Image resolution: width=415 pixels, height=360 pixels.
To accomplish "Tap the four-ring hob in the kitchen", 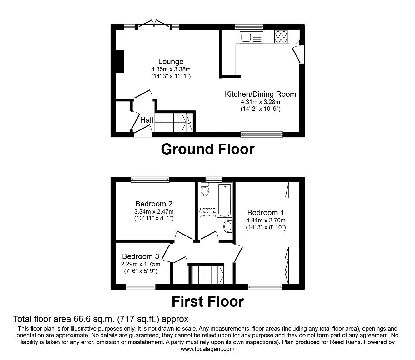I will pyautogui.click(x=281, y=37).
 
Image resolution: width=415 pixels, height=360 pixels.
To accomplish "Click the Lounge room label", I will pyautogui.click(x=171, y=62).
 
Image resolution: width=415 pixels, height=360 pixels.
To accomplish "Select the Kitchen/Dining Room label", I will pyautogui.click(x=260, y=94).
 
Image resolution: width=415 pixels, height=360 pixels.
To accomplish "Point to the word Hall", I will pyautogui.click(x=147, y=120).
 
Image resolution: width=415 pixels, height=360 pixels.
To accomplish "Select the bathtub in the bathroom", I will pyautogui.click(x=225, y=200).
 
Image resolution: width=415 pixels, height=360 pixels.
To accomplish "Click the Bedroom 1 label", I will pyautogui.click(x=265, y=213).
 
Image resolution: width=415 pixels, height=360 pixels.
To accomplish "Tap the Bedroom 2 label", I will pyautogui.click(x=154, y=204).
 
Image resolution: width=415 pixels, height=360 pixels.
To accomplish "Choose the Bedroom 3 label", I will pyautogui.click(x=141, y=256).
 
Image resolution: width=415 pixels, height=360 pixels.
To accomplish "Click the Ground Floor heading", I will pyautogui.click(x=207, y=149).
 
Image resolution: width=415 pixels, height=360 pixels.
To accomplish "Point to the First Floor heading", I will pyautogui.click(x=207, y=302).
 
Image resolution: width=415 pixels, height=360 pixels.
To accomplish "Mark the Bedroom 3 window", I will pyautogui.click(x=141, y=286).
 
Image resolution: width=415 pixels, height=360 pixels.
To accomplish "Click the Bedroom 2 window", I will pyautogui.click(x=150, y=180).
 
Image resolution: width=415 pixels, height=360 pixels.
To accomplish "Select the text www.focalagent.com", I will pyautogui.click(x=207, y=349).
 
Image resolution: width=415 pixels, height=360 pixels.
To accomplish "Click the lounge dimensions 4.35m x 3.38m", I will pyautogui.click(x=171, y=69).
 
